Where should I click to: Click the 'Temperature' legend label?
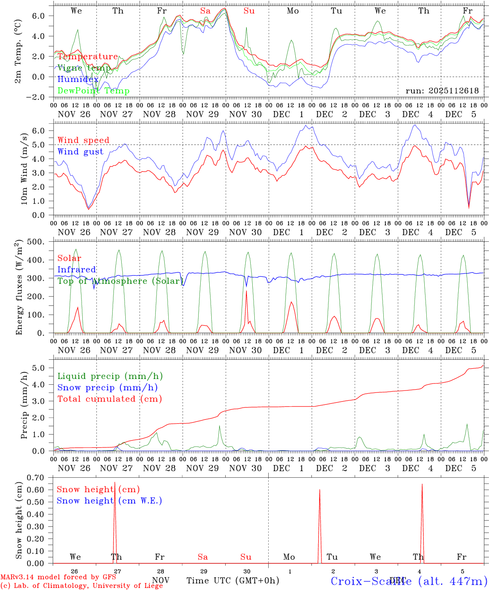88,57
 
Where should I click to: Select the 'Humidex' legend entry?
78,79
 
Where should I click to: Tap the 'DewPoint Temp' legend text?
93,91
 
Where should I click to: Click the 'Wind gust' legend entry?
80,152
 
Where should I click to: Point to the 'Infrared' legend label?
77,270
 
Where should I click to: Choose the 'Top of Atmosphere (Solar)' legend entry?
120,281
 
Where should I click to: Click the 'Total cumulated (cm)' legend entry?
109,399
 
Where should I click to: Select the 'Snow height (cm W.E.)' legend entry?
109,501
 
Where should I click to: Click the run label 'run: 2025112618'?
442,91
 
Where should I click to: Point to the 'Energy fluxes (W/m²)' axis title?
18,288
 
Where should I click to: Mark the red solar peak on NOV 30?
246,292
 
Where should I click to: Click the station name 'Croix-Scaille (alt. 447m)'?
408,581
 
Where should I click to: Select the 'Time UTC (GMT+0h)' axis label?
233,581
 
